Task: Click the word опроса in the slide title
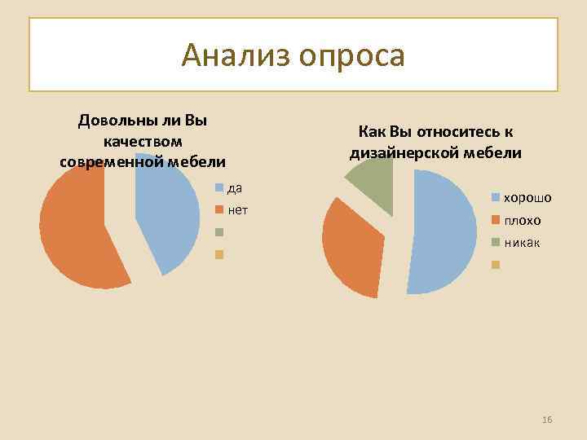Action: (x=351, y=56)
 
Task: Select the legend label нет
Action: (x=238, y=210)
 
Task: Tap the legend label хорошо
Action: (x=527, y=198)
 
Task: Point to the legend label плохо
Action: (x=523, y=220)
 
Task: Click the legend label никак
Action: (x=522, y=243)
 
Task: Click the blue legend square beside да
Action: (x=219, y=189)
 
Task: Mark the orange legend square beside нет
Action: (x=219, y=211)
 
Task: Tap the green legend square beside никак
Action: (x=495, y=243)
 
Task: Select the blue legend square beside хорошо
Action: (x=495, y=198)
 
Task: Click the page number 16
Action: (x=547, y=420)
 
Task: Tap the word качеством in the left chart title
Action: (x=143, y=141)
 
